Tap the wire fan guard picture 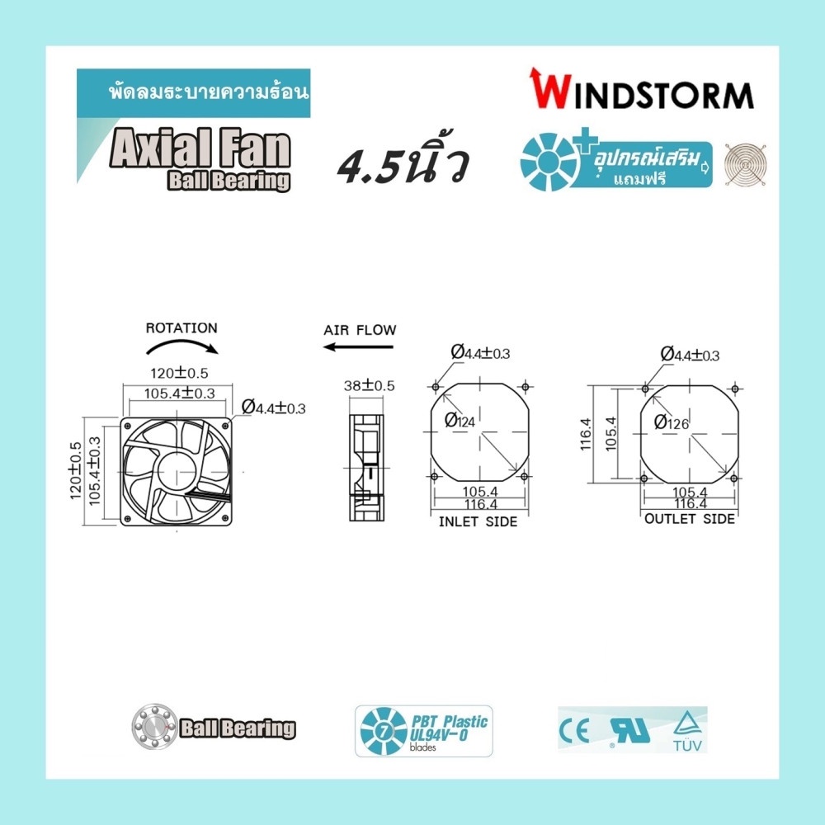coord(744,165)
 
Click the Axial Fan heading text coord(200,148)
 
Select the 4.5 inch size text coord(403,161)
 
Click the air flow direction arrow coord(358,346)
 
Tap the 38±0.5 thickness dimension coord(369,385)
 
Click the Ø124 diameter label coord(460,420)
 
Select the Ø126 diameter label coord(671,422)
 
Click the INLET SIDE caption coord(478,521)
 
